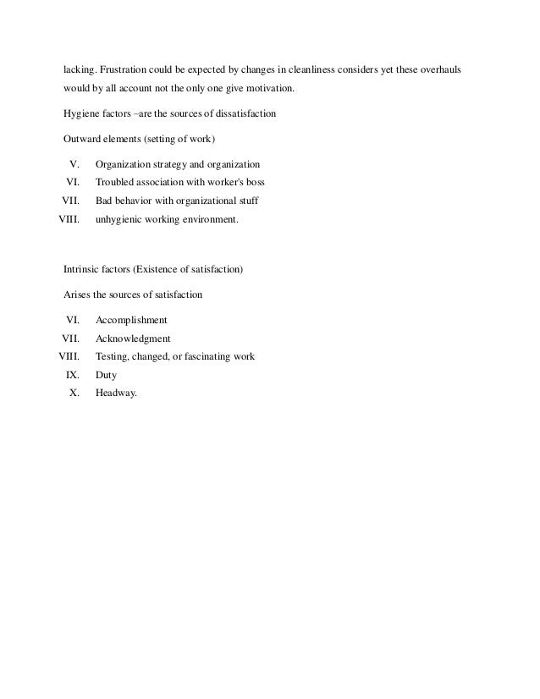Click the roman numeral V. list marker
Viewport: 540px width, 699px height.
pyautogui.click(x=73, y=162)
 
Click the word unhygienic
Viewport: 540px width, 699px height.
pyautogui.click(x=124, y=220)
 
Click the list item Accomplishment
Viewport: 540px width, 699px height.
pyautogui.click(x=131, y=320)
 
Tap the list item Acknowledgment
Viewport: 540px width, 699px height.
pyautogui.click(x=133, y=338)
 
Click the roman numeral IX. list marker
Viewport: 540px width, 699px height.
pyautogui.click(x=72, y=374)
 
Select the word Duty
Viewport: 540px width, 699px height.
pyautogui.click(x=107, y=374)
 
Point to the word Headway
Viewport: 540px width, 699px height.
pyautogui.click(x=116, y=393)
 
